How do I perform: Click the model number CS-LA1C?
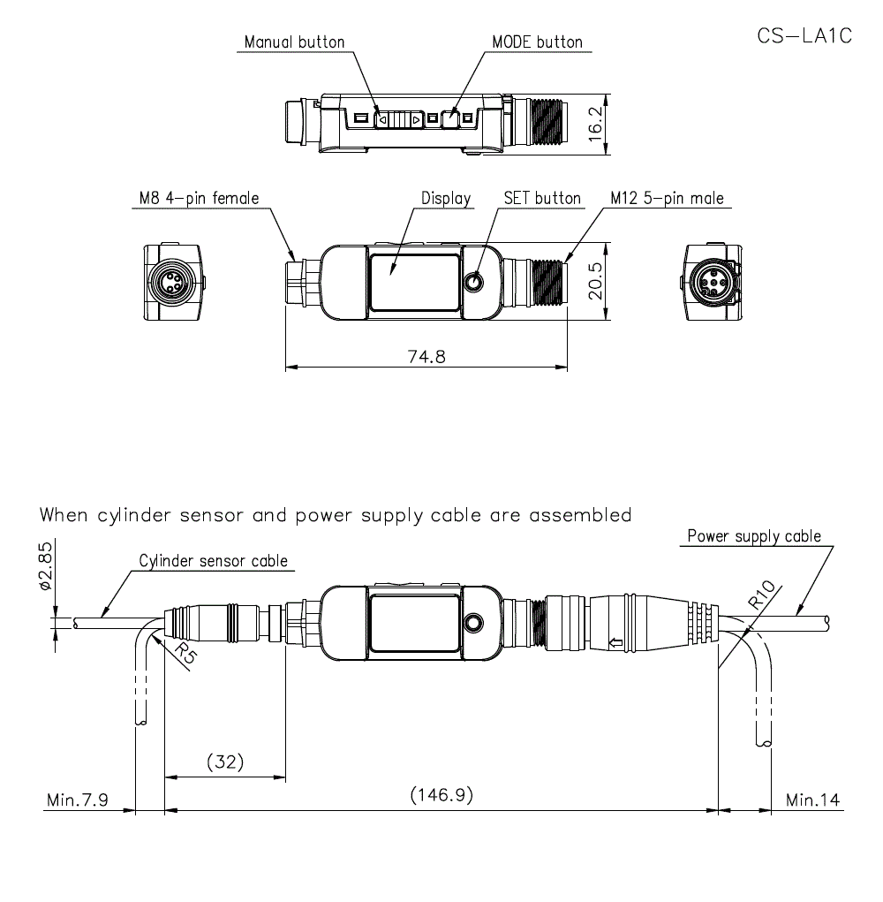[804, 37]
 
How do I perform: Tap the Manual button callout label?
[294, 42]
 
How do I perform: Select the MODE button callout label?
[537, 42]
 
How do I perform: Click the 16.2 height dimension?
[597, 124]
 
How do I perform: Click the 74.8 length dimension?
[425, 356]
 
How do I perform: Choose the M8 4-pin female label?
[200, 198]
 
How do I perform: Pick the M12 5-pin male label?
[667, 198]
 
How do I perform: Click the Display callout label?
[446, 198]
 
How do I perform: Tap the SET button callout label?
[542, 198]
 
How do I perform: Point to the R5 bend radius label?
[183, 655]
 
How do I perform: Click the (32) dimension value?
[224, 762]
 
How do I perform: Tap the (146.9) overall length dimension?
[441, 794]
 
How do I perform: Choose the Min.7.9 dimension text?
[78, 800]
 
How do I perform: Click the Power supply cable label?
[754, 535]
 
